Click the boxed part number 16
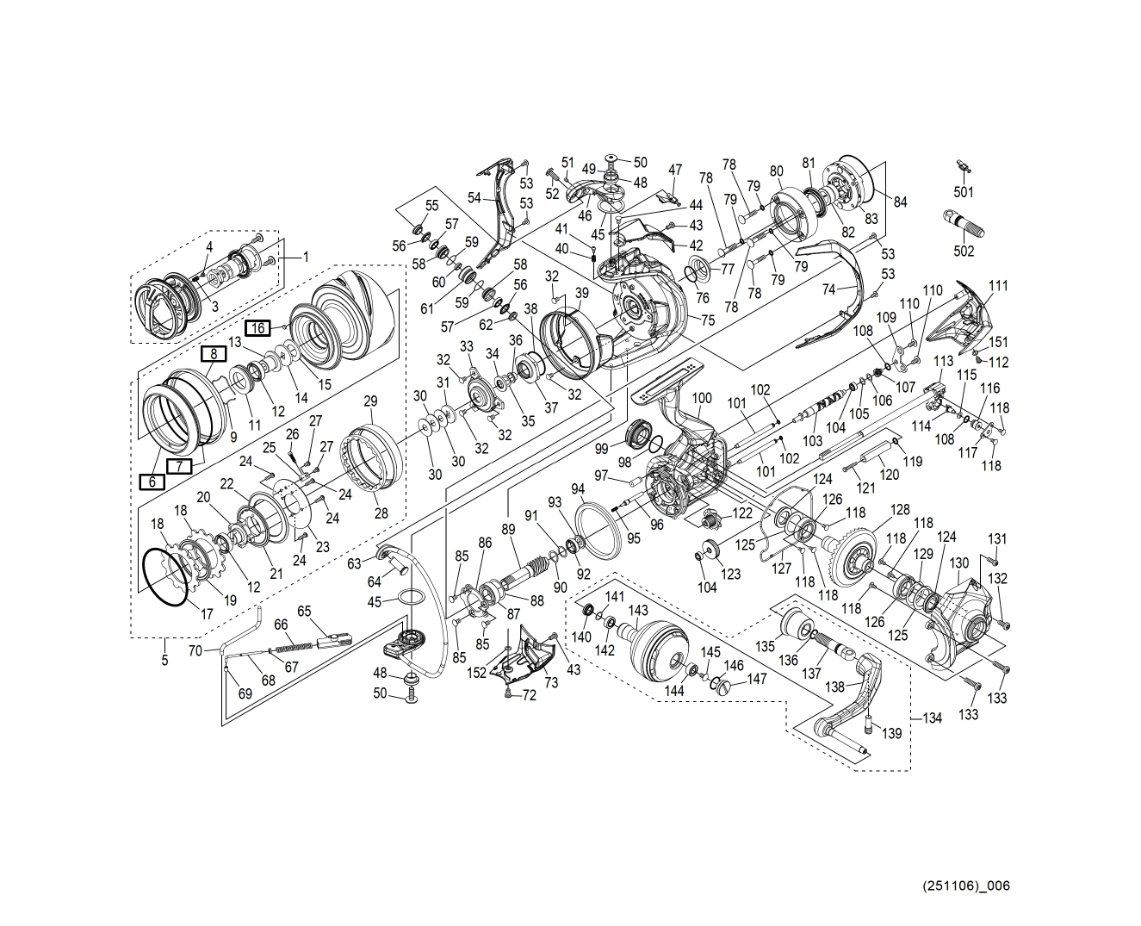[x=258, y=327]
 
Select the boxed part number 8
[x=214, y=352]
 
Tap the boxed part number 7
[x=178, y=466]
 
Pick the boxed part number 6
[x=152, y=482]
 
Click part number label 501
[x=964, y=192]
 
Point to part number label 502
[x=964, y=251]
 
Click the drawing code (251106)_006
[x=965, y=886]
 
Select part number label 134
[x=932, y=718]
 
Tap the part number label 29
[x=371, y=401]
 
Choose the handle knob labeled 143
[x=660, y=649]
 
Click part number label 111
[x=998, y=286]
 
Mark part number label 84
[x=900, y=202]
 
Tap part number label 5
[x=164, y=661]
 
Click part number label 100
[x=702, y=398]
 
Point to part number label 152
[x=477, y=674]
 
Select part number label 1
[x=304, y=256]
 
